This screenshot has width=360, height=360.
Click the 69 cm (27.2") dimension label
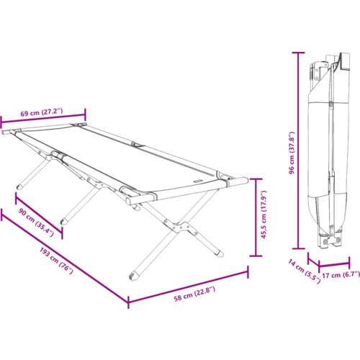pyautogui.click(x=41, y=112)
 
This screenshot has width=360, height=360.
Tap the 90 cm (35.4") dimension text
pyautogui.click(x=36, y=222)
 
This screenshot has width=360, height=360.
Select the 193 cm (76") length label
pyautogui.click(x=56, y=261)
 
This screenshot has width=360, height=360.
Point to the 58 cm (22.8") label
pyautogui.click(x=194, y=294)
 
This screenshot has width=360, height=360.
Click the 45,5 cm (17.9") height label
pyautogui.click(x=264, y=215)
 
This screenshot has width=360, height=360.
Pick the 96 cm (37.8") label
pyautogui.click(x=292, y=153)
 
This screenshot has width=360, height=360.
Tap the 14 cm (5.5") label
pyautogui.click(x=304, y=271)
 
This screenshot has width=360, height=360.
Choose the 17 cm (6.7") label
pyautogui.click(x=341, y=274)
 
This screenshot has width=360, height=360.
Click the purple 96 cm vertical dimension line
pyautogui.click(x=298, y=150)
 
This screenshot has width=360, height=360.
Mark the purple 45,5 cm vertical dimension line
pyautogui.click(x=256, y=217)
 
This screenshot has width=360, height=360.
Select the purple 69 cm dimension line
pyautogui.click(x=43, y=118)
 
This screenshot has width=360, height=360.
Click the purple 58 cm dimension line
pyautogui.click(x=188, y=287)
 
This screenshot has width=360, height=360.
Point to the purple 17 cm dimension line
pyautogui.click(x=334, y=264)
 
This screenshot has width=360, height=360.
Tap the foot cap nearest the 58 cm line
pyautogui.click(x=134, y=275)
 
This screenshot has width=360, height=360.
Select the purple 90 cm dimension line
pyautogui.click(x=39, y=216)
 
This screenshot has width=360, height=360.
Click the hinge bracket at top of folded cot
pyautogui.click(x=320, y=70)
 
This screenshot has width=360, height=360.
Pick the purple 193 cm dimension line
pyautogui.click(x=65, y=258)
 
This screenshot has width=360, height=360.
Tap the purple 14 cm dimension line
pyautogui.click(x=313, y=259)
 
